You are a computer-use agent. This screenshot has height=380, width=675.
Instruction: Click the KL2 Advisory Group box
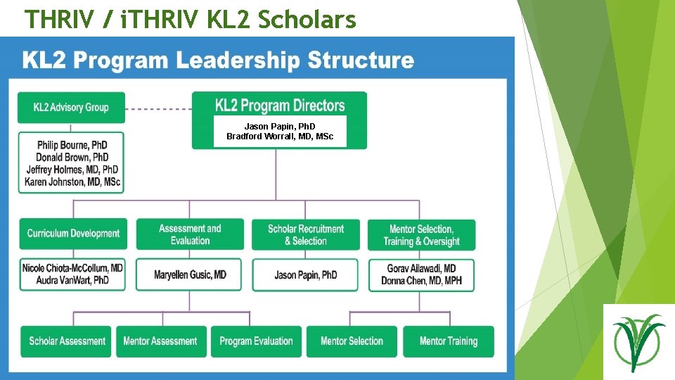tap(71, 108)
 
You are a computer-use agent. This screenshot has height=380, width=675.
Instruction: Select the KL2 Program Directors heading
tap(279, 106)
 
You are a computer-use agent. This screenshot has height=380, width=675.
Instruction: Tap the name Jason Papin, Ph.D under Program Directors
tap(280, 127)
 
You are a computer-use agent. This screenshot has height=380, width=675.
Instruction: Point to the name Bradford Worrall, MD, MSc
tap(280, 136)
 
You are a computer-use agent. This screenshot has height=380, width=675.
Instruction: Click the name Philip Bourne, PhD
tap(72, 146)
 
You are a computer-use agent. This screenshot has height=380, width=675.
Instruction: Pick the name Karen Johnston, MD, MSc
tap(72, 182)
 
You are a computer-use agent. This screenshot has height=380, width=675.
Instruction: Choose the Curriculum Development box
tap(74, 234)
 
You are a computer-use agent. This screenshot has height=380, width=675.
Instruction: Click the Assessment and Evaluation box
tap(190, 234)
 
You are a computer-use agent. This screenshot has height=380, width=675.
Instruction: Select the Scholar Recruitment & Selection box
tap(306, 234)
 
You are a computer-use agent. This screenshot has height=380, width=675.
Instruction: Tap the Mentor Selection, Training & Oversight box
tap(421, 234)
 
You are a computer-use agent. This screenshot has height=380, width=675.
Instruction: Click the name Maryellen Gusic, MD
tap(190, 274)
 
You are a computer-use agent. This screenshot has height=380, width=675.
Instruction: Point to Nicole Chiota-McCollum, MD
tap(72, 268)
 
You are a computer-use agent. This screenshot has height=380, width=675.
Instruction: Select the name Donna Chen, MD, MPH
tap(421, 280)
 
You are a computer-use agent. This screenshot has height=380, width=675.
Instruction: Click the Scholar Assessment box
tap(67, 341)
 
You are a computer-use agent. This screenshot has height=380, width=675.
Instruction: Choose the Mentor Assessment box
tap(160, 341)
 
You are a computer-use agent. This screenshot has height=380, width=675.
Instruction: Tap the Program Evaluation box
tap(256, 341)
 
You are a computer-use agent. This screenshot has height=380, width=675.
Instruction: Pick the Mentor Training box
tap(448, 341)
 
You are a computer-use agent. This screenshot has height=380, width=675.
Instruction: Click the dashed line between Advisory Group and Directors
tap(158, 108)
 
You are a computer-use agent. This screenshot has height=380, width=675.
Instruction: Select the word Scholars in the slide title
tap(307, 20)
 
